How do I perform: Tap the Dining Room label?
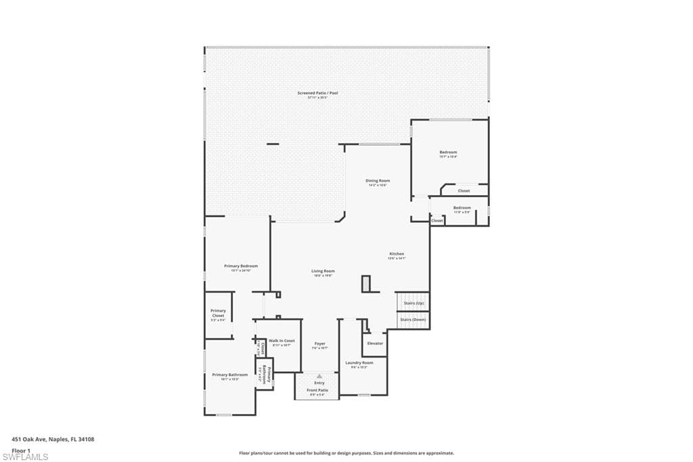point(378,181)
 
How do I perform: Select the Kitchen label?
point(396,254)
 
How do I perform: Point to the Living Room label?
point(323,271)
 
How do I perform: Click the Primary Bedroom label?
point(241,266)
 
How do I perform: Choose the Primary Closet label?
point(218,314)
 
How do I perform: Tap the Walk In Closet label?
point(282,341)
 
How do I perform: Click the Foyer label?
point(319,344)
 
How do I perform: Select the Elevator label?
point(375,343)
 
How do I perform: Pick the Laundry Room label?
point(359,362)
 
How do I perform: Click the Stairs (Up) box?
point(411,302)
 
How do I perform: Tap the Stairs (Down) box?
point(412,320)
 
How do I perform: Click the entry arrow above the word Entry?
point(319,375)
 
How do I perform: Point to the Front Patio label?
point(318,390)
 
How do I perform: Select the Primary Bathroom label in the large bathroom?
point(229,375)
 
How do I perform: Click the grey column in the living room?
point(366,284)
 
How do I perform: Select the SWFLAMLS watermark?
point(25,457)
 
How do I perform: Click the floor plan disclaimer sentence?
point(346,453)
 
